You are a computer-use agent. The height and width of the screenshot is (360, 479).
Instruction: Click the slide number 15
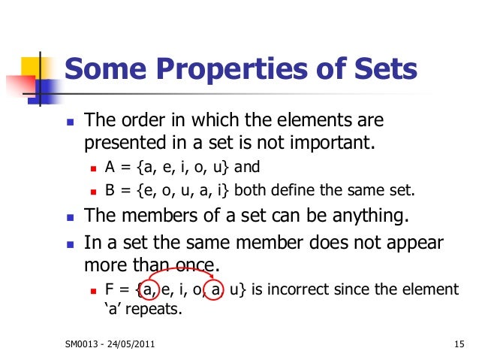459,345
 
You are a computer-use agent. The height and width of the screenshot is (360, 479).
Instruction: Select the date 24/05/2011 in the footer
130,345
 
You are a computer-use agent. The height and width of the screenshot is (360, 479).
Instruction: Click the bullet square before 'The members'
69,218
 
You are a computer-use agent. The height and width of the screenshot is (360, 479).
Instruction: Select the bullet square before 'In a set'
69,244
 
